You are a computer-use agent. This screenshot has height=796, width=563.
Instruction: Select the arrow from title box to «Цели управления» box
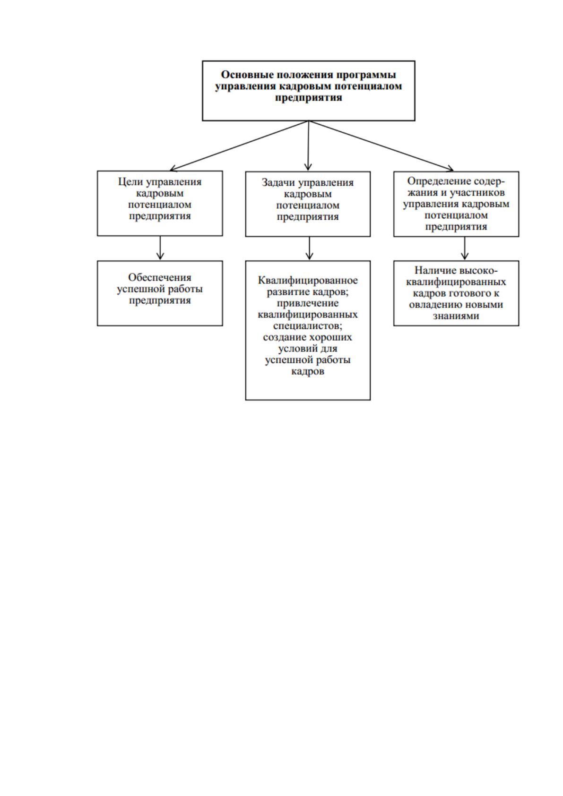coord(239,146)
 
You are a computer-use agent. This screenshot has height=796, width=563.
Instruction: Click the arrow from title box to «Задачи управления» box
coord(308,146)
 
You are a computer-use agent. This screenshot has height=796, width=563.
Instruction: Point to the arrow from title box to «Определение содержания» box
coord(381,146)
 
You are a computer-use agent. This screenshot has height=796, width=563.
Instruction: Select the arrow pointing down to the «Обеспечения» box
coord(160,248)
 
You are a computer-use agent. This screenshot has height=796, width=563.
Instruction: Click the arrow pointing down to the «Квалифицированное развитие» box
coord(310,248)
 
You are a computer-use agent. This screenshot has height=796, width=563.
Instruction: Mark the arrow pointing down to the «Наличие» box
coord(465,248)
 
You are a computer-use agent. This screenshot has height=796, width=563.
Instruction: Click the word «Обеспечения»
coord(160,277)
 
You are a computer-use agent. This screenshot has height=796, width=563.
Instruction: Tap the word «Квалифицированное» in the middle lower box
coord(308,281)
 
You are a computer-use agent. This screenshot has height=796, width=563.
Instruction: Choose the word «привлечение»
coord(308,303)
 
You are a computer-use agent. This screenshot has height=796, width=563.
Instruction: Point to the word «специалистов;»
coord(308,326)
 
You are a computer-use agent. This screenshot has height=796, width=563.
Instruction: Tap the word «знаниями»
coord(456,316)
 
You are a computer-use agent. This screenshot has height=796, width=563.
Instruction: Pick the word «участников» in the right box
coord(477,193)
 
